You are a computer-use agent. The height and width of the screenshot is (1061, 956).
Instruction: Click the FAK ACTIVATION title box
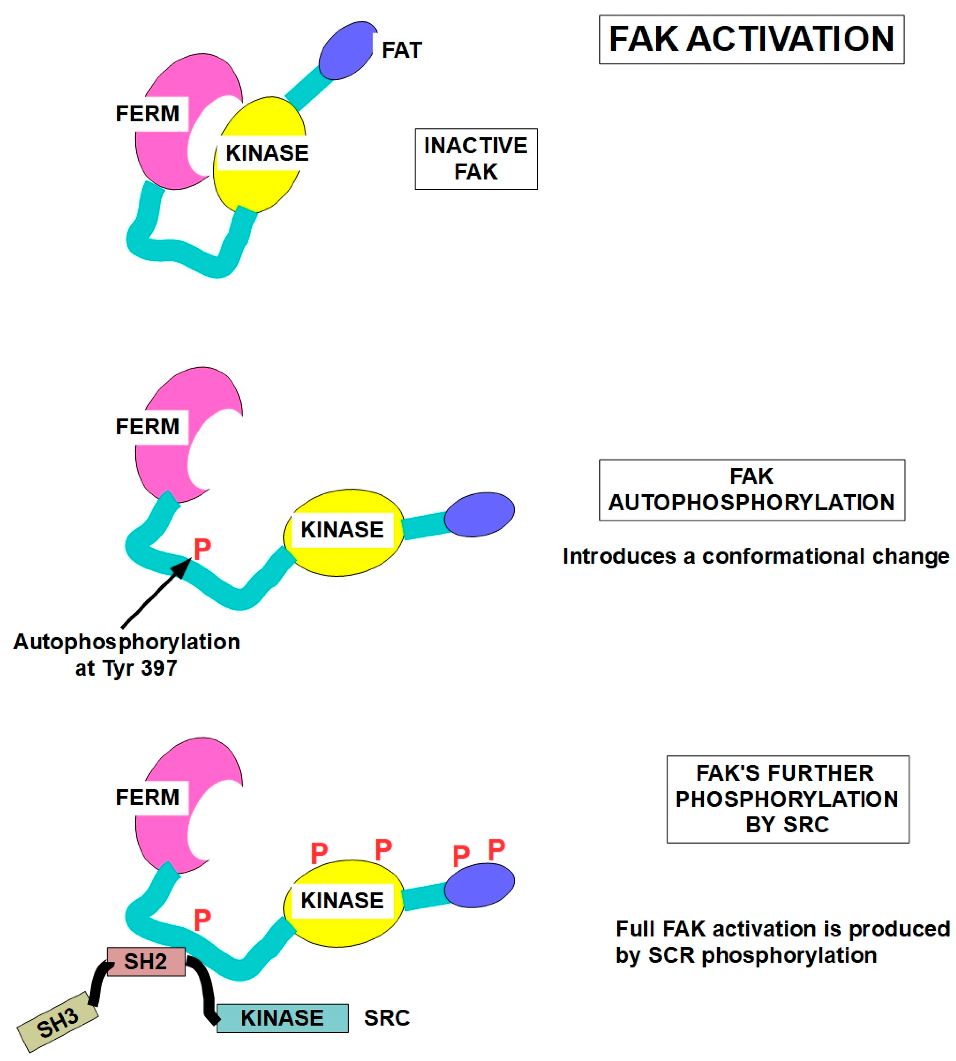coord(751,39)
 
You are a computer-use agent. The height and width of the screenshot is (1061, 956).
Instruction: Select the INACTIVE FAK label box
coord(476,159)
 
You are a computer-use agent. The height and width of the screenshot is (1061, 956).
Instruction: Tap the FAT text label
coord(401,50)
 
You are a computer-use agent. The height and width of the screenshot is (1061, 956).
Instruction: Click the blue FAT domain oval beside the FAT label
coord(347,51)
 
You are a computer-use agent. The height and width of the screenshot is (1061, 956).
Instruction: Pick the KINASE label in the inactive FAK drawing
coord(267,153)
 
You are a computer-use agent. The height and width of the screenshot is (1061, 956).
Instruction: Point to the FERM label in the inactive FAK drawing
coord(148,113)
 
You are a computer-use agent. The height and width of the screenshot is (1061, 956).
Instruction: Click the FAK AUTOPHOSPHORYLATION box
coord(752,490)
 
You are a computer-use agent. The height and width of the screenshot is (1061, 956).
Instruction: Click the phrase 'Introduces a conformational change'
coord(755,556)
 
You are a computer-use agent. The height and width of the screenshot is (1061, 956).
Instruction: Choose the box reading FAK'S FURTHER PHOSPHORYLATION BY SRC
coord(787,799)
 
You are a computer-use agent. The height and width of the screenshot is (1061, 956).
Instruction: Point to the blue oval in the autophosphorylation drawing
coord(479,515)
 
